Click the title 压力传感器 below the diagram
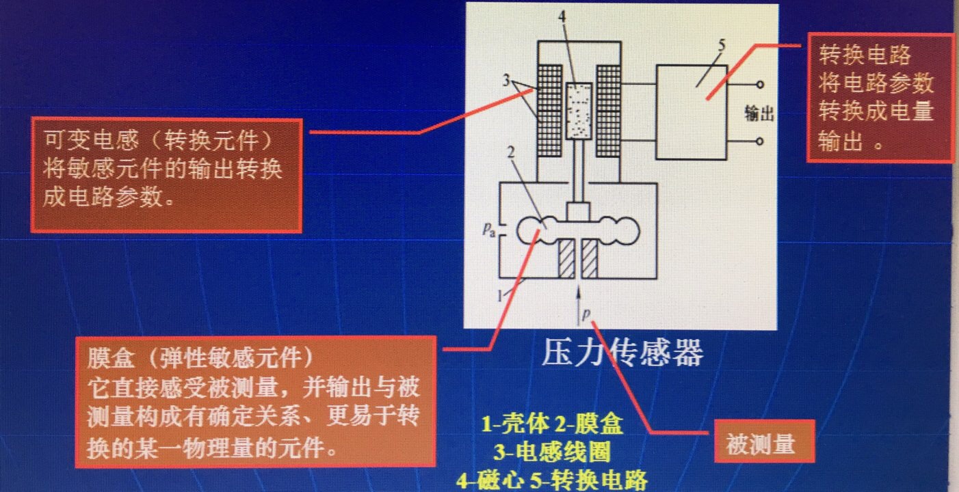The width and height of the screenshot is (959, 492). pos(622,353)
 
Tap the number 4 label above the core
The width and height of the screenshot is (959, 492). pos(562,17)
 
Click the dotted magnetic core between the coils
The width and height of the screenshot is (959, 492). pos(579,111)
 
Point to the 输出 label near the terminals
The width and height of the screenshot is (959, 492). pos(759,114)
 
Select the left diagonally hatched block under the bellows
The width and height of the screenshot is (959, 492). pos(566,258)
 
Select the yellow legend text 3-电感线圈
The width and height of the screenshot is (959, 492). pos(552,452)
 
